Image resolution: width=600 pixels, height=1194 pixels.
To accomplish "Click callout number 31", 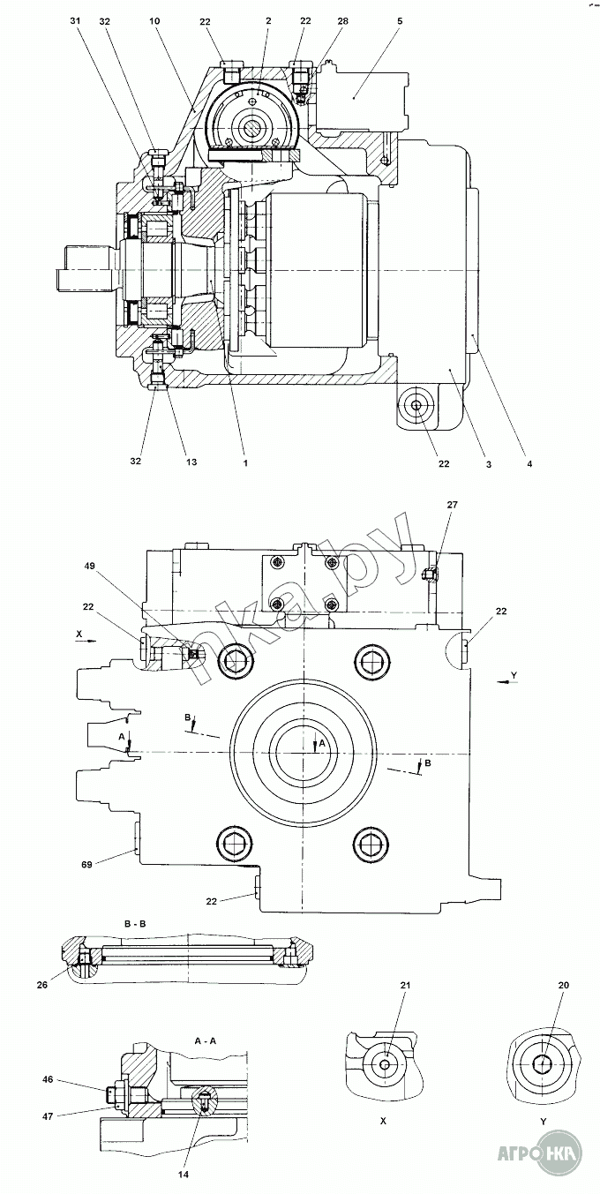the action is [x=75, y=21].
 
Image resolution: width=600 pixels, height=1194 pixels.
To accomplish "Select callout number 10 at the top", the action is [x=154, y=21].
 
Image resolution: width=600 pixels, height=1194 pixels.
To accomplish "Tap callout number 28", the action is [x=342, y=21].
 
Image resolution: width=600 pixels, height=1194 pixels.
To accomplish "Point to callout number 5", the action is [x=400, y=21].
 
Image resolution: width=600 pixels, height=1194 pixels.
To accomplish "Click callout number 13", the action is [x=191, y=462].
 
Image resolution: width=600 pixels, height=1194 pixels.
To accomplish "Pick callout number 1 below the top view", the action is [x=245, y=463].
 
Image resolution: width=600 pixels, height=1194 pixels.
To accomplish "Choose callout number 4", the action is [x=529, y=463].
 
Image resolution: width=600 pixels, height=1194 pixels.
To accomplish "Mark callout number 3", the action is [x=488, y=463].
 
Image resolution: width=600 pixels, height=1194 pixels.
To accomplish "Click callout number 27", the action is [x=452, y=504].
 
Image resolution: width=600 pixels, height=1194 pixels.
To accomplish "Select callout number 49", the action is [x=89, y=566].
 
